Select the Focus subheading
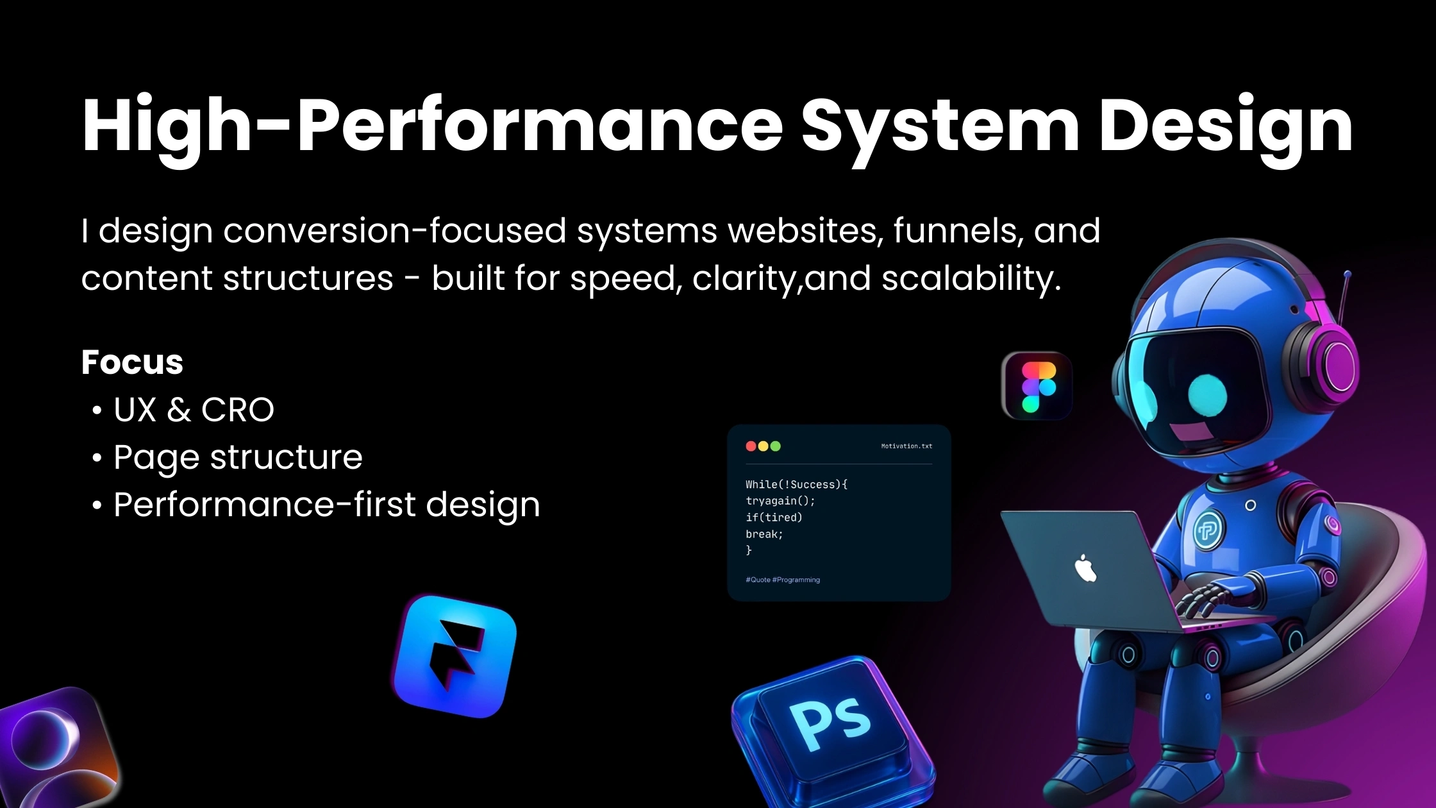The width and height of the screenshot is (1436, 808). [x=132, y=362]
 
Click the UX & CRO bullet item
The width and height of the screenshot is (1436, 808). [x=194, y=410]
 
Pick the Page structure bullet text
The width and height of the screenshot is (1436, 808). [x=238, y=457]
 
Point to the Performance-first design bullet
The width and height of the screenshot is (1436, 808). [x=326, y=505]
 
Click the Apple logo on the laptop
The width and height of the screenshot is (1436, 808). [x=1085, y=568]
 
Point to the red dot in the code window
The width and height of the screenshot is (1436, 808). [x=751, y=446]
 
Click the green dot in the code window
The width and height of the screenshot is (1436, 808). [x=776, y=446]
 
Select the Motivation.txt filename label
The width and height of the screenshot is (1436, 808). [x=906, y=446]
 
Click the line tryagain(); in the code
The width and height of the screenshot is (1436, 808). [x=780, y=501]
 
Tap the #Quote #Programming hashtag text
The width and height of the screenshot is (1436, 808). [x=783, y=580]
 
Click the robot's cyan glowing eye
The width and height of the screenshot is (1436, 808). [x=1207, y=395]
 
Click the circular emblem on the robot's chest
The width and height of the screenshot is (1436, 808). [x=1208, y=530]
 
